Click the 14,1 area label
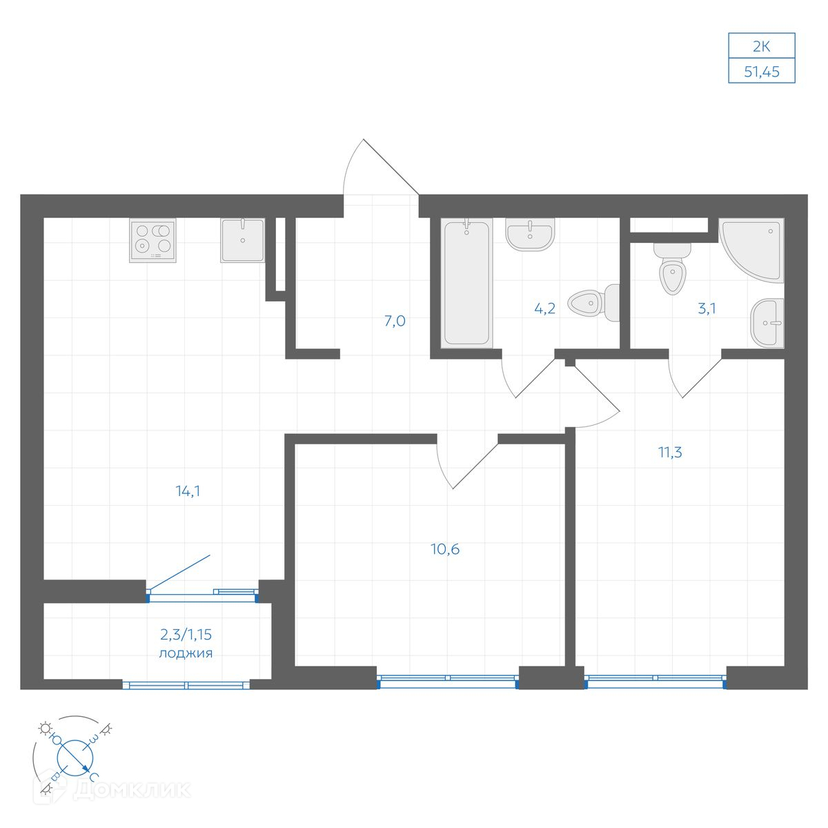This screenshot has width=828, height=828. point(188,491)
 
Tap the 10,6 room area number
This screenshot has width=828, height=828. point(445,549)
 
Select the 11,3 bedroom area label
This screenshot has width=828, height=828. point(670,452)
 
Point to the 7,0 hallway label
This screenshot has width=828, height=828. point(395,321)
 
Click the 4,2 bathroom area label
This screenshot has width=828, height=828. point(545,308)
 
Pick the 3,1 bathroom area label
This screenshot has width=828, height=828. point(707,308)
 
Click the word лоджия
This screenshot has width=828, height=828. point(186,653)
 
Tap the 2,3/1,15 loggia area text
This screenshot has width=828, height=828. point(186,634)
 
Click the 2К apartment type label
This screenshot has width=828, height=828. point(761,46)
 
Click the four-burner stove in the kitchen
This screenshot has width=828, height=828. point(152,240)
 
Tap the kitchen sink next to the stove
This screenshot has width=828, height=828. point(243,240)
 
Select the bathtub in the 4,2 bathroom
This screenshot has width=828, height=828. point(466,283)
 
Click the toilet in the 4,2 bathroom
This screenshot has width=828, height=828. point(593,303)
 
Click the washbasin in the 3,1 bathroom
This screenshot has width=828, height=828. point(767,322)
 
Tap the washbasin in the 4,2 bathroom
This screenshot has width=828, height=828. point(530,234)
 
